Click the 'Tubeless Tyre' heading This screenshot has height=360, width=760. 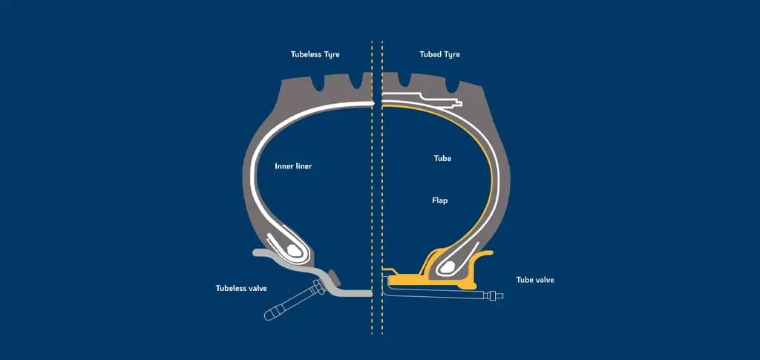tap(315, 55)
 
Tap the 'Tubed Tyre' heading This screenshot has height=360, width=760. tap(439, 55)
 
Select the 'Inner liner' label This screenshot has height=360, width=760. tap(293, 166)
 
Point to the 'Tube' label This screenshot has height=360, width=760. tap(442, 158)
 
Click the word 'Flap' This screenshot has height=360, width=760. tap(439, 200)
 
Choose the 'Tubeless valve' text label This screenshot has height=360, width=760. tap(241, 288)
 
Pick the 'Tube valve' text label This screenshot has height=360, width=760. tap(535, 280)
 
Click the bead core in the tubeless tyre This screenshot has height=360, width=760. tap(293, 250)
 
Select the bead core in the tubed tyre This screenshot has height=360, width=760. tap(447, 266)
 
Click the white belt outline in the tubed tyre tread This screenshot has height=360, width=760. tap(422, 99)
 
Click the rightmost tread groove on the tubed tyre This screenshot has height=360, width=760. tap(453, 85)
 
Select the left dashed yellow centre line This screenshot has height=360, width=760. tap(372, 188)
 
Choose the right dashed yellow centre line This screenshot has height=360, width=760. tap(382, 188)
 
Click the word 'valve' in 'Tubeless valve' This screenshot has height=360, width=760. tap(257, 288)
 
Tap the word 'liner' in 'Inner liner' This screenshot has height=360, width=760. tap(304, 166)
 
